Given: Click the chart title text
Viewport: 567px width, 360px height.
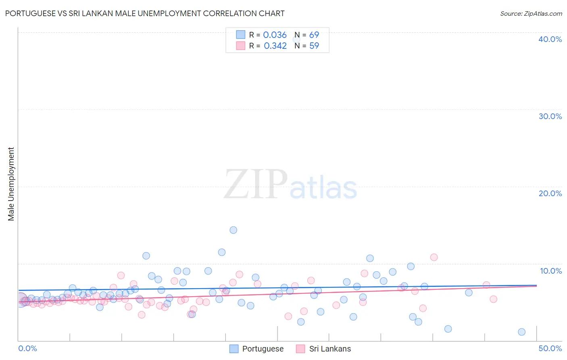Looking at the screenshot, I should pos(145,13).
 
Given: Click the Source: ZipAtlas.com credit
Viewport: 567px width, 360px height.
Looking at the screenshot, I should pos(531,14).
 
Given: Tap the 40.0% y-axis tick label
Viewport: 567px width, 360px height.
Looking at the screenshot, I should pos(550,39).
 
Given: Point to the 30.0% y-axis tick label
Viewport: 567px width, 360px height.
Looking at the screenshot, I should pos(550,116).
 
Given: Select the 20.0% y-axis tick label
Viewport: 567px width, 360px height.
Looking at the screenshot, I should pos(550,193).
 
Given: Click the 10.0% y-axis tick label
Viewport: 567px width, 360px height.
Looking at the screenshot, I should pos(550,271).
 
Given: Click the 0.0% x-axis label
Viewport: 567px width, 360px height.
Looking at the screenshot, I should pos(27,348).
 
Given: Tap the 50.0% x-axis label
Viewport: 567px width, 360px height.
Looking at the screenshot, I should pos(550,348).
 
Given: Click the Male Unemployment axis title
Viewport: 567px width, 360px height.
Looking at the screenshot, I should pos(11,184).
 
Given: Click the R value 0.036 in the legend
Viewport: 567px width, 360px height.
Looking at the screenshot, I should pos(275,35).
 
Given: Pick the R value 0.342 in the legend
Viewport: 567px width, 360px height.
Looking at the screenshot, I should pos(275,46).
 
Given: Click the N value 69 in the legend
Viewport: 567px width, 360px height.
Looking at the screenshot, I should pos(314,35).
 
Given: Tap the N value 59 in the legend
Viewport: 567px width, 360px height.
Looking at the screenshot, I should pos(314,46).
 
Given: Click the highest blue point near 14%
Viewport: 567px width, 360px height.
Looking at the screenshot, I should pos(233,230).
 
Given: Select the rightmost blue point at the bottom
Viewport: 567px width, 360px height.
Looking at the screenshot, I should pos(521,332).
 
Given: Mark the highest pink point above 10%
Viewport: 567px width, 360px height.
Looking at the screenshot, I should pos(434,257).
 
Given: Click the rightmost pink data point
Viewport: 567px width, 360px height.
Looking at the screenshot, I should pos(493,299).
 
